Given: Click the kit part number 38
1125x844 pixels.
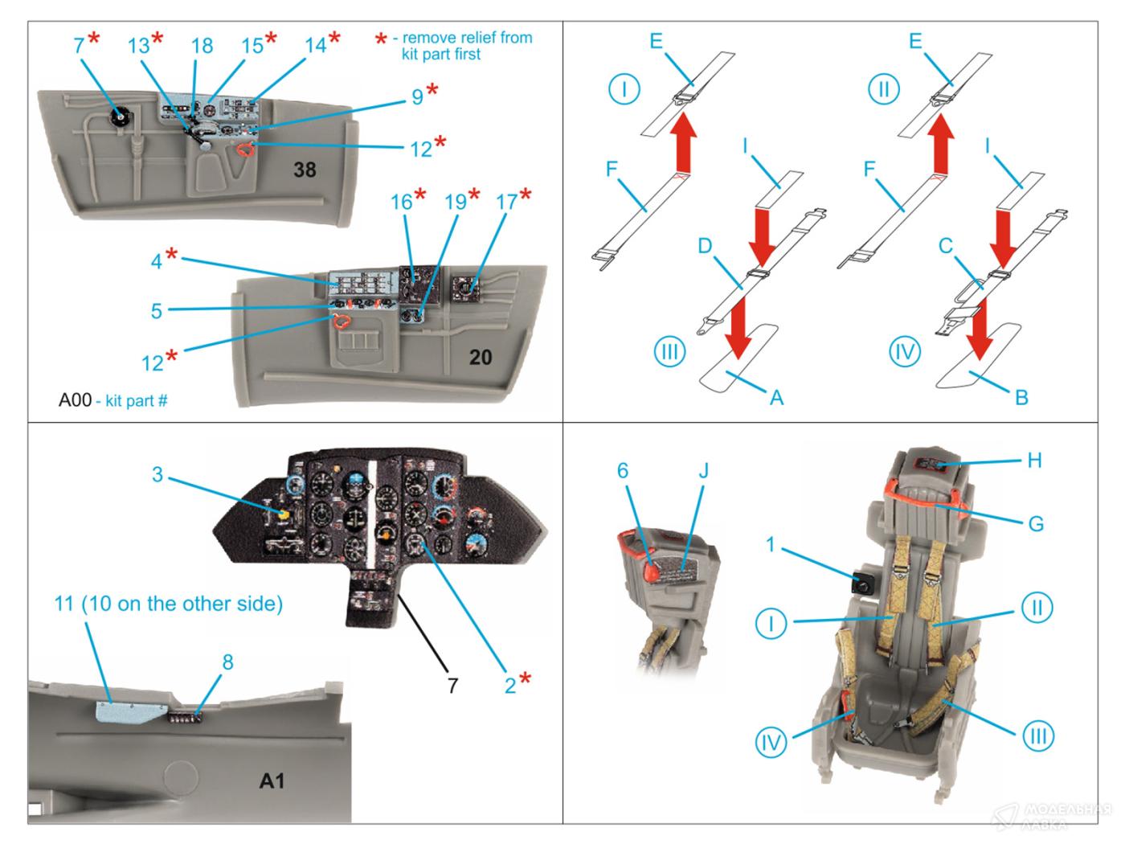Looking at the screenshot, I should (305, 170).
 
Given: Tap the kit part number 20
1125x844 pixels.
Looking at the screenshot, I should (481, 356).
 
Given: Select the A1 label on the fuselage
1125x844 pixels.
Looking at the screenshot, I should (272, 780).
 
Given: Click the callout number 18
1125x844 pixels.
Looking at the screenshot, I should (202, 46).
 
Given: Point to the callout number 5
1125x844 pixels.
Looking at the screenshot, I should (157, 310).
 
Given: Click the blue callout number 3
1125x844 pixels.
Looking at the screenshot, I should (157, 474).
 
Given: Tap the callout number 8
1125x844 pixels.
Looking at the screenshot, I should (227, 662).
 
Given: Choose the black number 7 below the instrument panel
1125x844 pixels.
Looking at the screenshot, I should (452, 685).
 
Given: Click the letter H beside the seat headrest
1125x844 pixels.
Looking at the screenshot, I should (1034, 460).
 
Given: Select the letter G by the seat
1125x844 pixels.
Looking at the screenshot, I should (1036, 523).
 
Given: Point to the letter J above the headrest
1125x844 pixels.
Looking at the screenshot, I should (703, 470).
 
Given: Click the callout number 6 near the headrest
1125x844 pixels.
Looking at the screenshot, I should (622, 470).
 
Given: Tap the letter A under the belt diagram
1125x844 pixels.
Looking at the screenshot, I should (776, 397).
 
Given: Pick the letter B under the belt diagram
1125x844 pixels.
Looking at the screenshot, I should (1021, 397).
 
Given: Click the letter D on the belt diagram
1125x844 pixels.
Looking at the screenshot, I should (705, 246).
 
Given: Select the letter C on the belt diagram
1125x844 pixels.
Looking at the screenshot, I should (946, 246).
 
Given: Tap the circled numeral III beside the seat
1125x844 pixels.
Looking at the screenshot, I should (1037, 735).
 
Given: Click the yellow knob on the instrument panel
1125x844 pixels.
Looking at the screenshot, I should (283, 514).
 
